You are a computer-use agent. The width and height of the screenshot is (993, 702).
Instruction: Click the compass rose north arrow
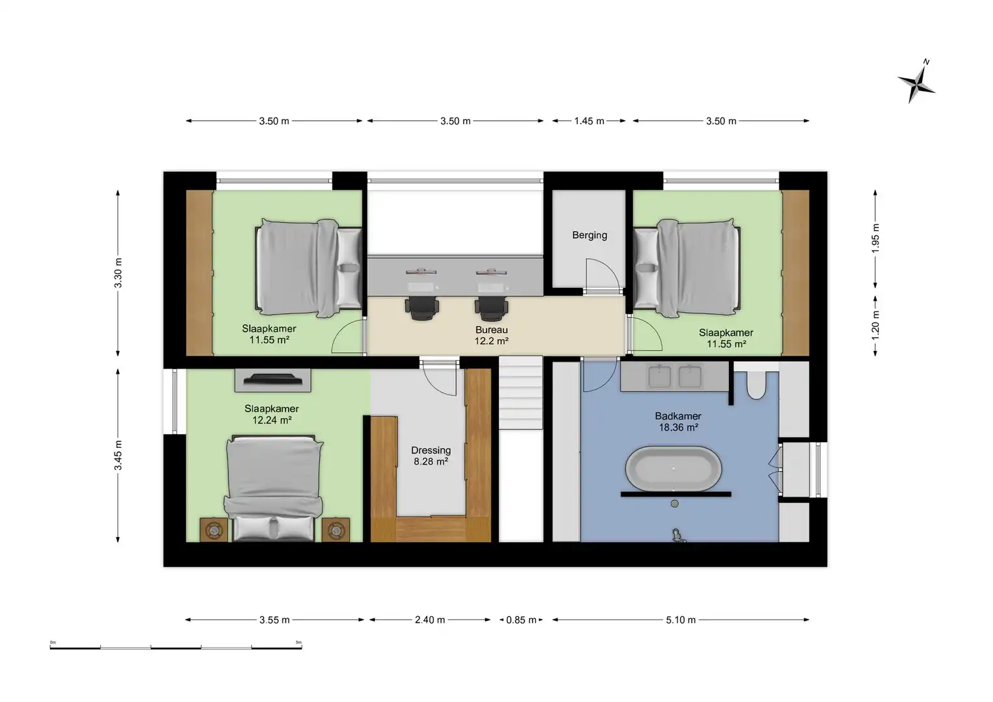click(x=917, y=81)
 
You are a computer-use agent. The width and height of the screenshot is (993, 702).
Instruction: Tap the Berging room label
click(x=589, y=235)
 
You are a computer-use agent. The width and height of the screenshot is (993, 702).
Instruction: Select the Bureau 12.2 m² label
click(x=491, y=335)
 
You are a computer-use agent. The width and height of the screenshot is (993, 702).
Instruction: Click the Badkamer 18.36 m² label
click(x=678, y=422)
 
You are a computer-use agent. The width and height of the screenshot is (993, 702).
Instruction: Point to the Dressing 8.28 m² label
click(x=430, y=456)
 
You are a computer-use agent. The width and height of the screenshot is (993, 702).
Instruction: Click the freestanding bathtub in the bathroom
click(x=673, y=468)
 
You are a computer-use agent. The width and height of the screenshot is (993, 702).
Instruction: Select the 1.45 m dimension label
click(x=589, y=121)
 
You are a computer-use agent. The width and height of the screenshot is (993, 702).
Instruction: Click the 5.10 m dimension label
click(x=680, y=620)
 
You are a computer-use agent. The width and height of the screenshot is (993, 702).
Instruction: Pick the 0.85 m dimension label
click(x=521, y=620)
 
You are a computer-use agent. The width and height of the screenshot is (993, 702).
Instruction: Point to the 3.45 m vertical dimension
click(x=118, y=455)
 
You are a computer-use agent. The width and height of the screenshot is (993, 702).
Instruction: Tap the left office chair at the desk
click(x=421, y=307)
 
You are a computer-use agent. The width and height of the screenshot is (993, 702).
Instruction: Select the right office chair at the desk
click(x=491, y=307)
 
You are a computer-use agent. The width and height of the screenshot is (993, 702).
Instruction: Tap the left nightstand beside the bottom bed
click(x=213, y=530)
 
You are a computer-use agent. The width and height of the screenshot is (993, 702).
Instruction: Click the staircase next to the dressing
click(x=520, y=393)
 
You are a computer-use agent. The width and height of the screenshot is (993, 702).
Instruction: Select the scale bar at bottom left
click(x=176, y=647)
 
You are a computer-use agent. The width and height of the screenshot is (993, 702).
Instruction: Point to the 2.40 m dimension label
click(x=429, y=620)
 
